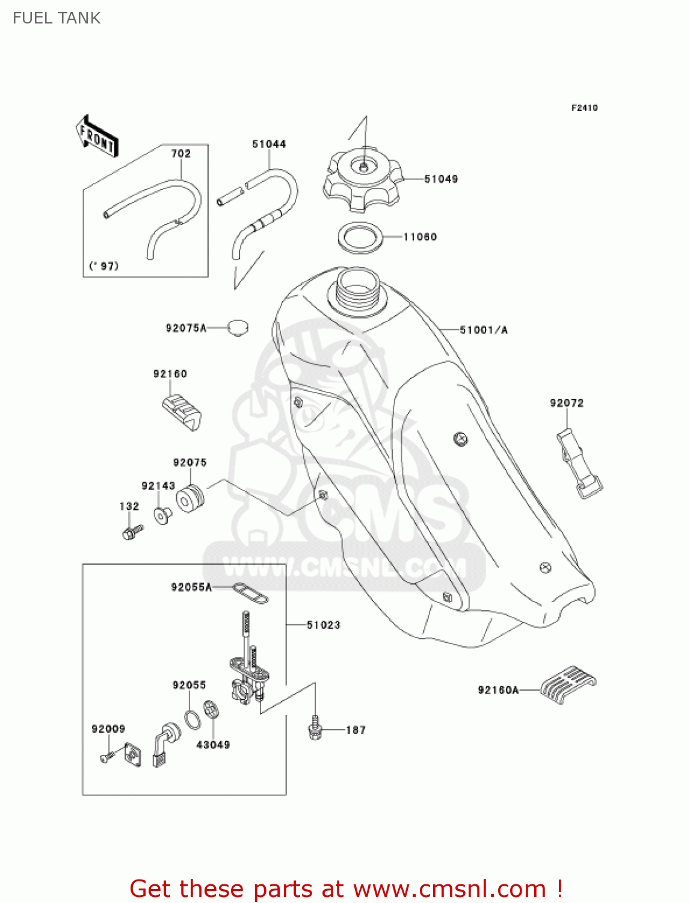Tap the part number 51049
[x=441, y=179]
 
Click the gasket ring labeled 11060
[x=360, y=237]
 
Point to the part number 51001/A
[x=484, y=330]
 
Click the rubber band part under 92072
[x=578, y=463]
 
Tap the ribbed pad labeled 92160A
[x=567, y=684]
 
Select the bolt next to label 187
[x=314, y=729]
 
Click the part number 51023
[x=324, y=625]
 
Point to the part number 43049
[x=213, y=745]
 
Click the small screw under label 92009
[x=107, y=757]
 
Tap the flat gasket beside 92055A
[x=250, y=592]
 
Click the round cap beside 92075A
[x=238, y=328]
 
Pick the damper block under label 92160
[x=182, y=412]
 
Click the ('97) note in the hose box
[x=104, y=266]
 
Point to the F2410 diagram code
[x=584, y=108]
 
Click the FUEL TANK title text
[x=57, y=18]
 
